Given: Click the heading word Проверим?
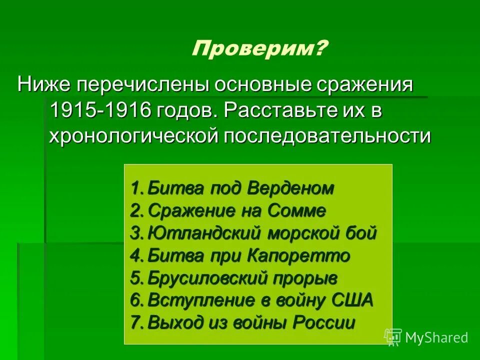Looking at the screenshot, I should [x=260, y=49].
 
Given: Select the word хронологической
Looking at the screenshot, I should [x=132, y=136].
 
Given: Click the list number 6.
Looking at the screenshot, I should [x=135, y=300].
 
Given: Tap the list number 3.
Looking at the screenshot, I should [x=135, y=233].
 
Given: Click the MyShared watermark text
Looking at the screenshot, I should [x=436, y=337].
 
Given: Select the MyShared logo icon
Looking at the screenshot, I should [x=393, y=337].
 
